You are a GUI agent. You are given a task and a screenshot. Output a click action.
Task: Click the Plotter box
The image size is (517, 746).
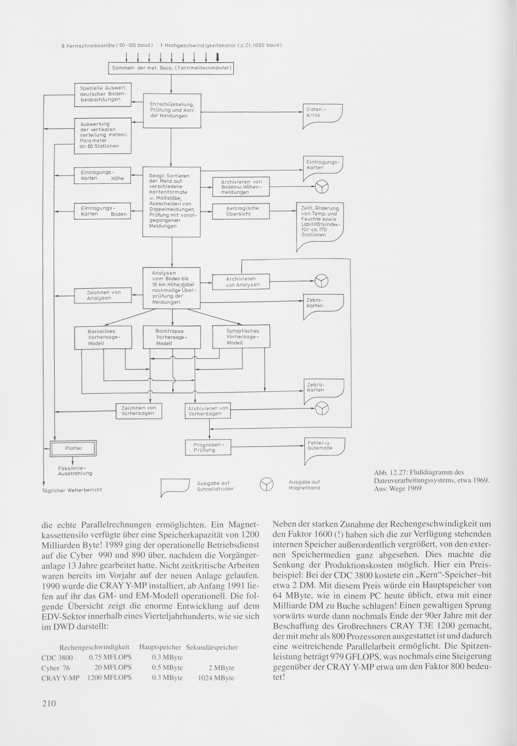pos(73,448)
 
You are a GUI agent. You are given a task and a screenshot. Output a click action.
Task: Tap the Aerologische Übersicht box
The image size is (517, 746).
pos(241,211)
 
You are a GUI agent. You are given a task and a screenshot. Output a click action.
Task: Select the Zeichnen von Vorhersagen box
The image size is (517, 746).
pos(139,411)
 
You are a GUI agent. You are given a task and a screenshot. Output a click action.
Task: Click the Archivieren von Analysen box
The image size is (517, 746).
pos(241,282)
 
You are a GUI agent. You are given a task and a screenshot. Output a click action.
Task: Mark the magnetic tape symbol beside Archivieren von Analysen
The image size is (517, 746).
pos(322,280)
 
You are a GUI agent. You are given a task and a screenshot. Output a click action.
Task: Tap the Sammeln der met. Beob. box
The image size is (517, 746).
pos(171,68)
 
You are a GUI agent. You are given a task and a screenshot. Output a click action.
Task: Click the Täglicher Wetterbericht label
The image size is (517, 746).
pos(72,490)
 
